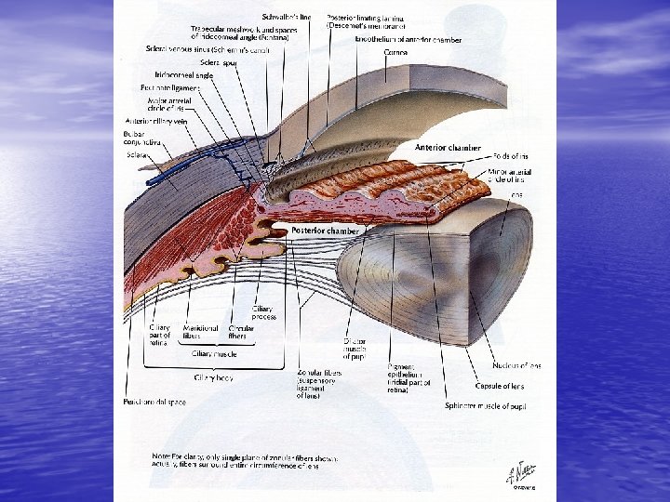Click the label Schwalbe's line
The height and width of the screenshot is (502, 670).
292,18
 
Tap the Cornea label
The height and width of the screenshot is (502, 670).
398,53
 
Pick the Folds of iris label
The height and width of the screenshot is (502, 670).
510,154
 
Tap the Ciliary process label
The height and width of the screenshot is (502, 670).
263,313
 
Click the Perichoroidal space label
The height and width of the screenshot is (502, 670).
150,403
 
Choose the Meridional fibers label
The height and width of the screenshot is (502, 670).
195,332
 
